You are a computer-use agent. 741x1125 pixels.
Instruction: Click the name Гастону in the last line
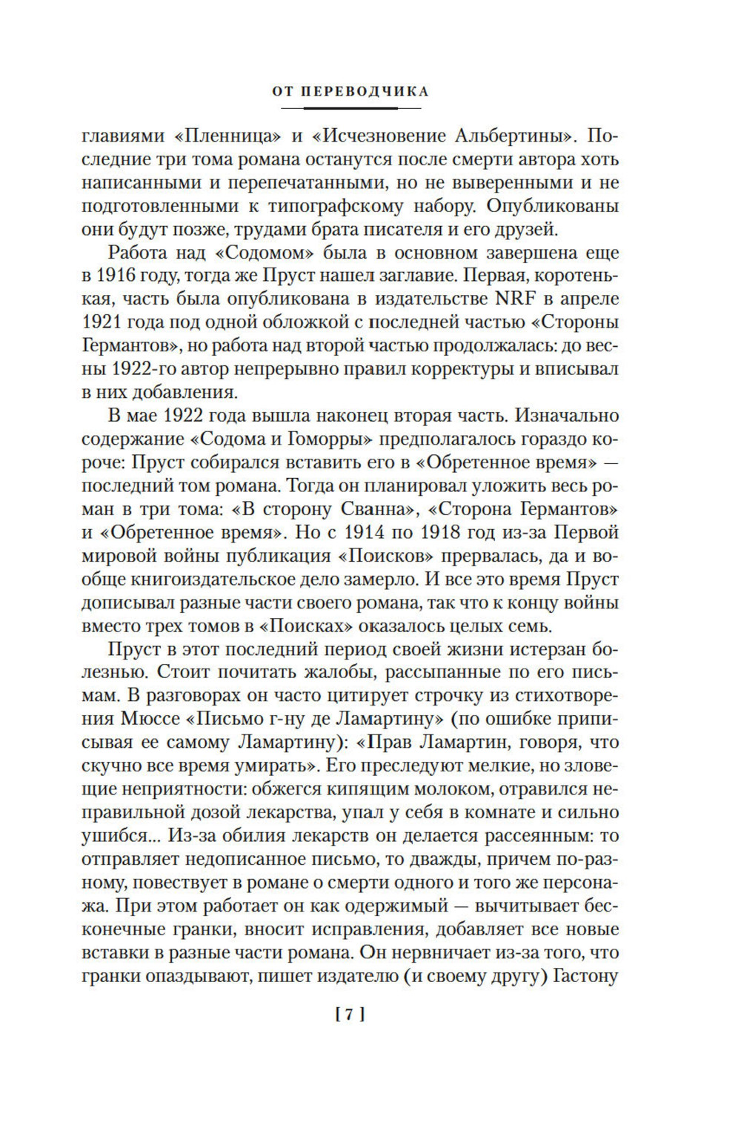tap(586, 975)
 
